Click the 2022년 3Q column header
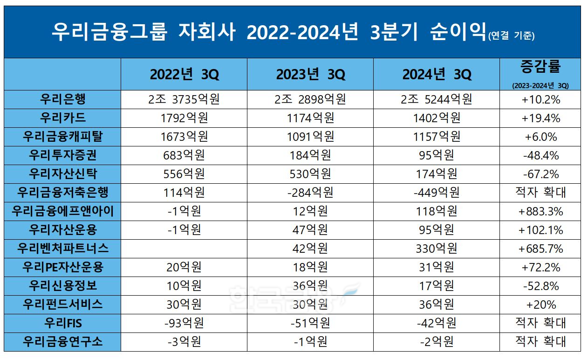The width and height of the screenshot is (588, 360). (x=184, y=74)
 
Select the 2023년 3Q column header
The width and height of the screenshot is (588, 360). (x=310, y=74)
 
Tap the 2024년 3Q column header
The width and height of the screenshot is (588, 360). (x=437, y=74)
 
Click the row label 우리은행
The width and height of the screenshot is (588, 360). (x=63, y=99)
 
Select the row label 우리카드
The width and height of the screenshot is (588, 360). (x=63, y=118)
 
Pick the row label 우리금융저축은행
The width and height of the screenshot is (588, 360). (x=63, y=192)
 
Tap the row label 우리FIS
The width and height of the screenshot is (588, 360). (x=63, y=323)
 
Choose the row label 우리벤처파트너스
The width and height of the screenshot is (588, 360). (x=63, y=248)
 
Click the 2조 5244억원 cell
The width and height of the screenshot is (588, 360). (x=437, y=99)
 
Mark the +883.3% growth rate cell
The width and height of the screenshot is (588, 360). (x=540, y=211)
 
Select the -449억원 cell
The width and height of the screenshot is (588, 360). (x=437, y=192)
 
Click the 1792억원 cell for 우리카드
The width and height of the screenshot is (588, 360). (x=184, y=118)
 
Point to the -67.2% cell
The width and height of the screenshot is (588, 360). (x=540, y=174)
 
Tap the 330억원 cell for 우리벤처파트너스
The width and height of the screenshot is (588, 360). (x=437, y=248)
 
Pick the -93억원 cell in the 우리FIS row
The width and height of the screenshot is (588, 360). (x=184, y=323)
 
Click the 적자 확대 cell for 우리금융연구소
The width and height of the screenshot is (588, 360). (x=540, y=341)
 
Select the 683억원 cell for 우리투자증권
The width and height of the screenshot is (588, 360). (x=184, y=155)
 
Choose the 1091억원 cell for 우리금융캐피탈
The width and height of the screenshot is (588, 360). (x=310, y=137)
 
